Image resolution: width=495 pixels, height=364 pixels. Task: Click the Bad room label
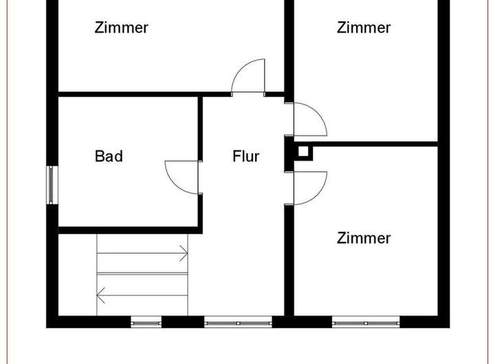click(109, 157)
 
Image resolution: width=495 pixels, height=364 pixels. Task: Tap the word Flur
click(245, 157)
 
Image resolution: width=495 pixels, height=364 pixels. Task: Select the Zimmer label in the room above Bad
click(122, 28)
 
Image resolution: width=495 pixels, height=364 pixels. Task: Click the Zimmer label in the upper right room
click(364, 28)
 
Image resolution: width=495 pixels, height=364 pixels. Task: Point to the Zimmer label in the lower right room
click(364, 238)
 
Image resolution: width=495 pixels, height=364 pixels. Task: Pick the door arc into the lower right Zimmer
click(313, 185)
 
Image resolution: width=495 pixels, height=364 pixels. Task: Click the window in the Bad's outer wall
click(51, 185)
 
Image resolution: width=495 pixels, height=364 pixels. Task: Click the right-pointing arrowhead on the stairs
click(185, 253)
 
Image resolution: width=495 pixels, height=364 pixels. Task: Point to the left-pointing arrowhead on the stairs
click(100, 295)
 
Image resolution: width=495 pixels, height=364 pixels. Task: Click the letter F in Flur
click(236, 157)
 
